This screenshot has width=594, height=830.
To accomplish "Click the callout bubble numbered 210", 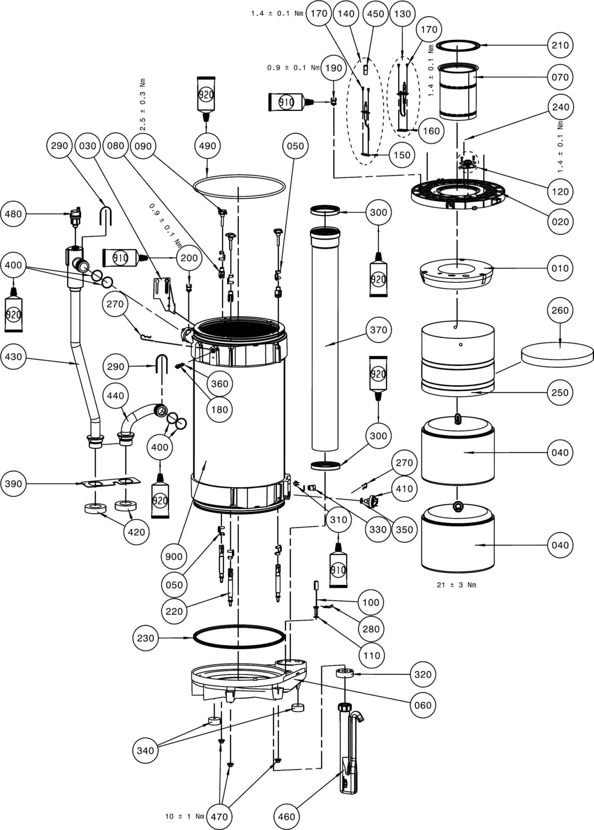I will click(x=560, y=45).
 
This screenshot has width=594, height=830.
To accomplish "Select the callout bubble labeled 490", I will click(x=207, y=146).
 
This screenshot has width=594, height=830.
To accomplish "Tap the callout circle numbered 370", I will click(x=378, y=330).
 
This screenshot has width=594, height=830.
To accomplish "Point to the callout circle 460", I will click(x=286, y=816).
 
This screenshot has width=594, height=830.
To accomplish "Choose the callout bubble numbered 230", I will click(x=145, y=638).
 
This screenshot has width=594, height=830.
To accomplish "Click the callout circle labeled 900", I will click(x=173, y=556).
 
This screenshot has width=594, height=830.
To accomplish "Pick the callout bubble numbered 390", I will click(x=13, y=483).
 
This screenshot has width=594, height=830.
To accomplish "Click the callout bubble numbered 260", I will click(x=560, y=311).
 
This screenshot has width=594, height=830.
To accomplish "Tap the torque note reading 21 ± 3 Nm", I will click(x=456, y=585).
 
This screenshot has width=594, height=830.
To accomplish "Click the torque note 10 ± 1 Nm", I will click(x=184, y=816).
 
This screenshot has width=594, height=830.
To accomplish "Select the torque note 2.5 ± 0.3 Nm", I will click(x=143, y=104).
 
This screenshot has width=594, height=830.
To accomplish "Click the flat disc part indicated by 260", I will click(x=557, y=354).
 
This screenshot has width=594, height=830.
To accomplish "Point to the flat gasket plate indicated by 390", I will click(x=110, y=482).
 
